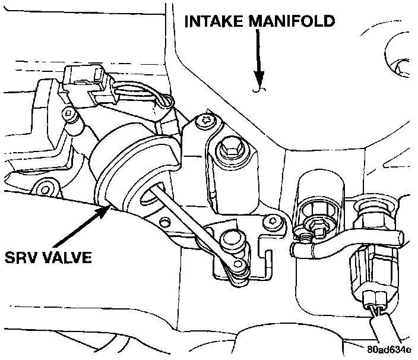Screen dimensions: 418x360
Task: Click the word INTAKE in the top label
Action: (214, 21)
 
